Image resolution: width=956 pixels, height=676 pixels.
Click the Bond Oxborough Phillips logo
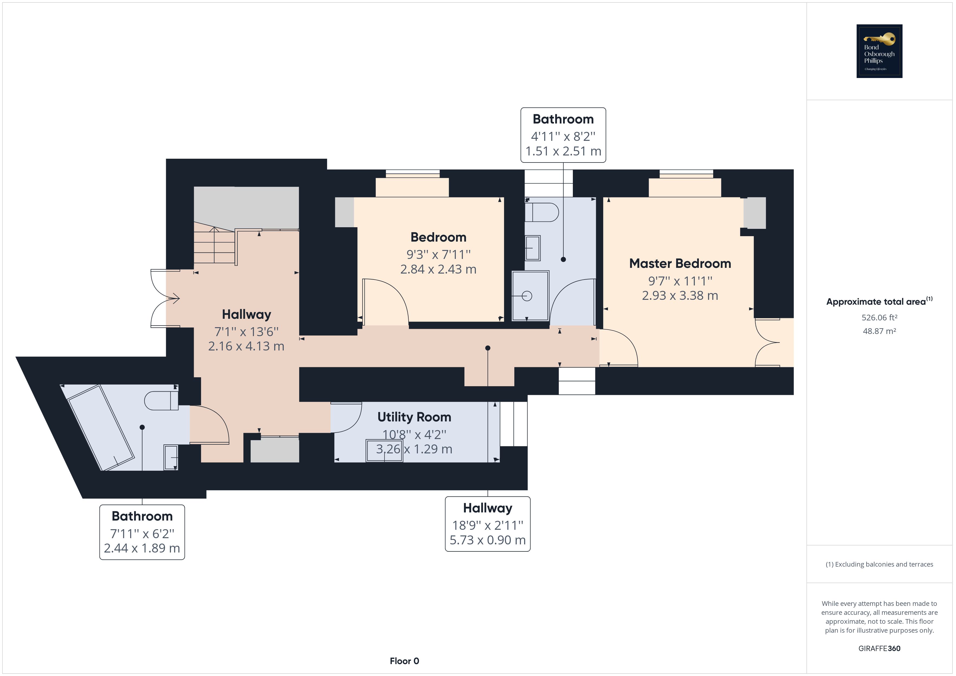click(879, 51)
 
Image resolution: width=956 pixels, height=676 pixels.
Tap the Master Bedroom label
click(680, 264)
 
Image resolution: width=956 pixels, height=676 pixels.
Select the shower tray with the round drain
click(530, 295)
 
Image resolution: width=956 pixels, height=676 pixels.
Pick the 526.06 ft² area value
click(879, 318)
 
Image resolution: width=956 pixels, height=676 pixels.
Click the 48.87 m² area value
click(879, 331)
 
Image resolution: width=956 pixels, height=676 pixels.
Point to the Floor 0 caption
click(404, 661)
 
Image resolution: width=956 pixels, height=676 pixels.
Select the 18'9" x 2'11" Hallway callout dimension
click(487, 525)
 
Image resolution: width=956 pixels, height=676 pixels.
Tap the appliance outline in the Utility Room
click(384, 450)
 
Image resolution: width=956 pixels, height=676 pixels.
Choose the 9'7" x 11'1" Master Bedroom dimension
click(680, 281)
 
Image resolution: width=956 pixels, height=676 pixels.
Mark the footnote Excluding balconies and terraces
click(879, 564)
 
